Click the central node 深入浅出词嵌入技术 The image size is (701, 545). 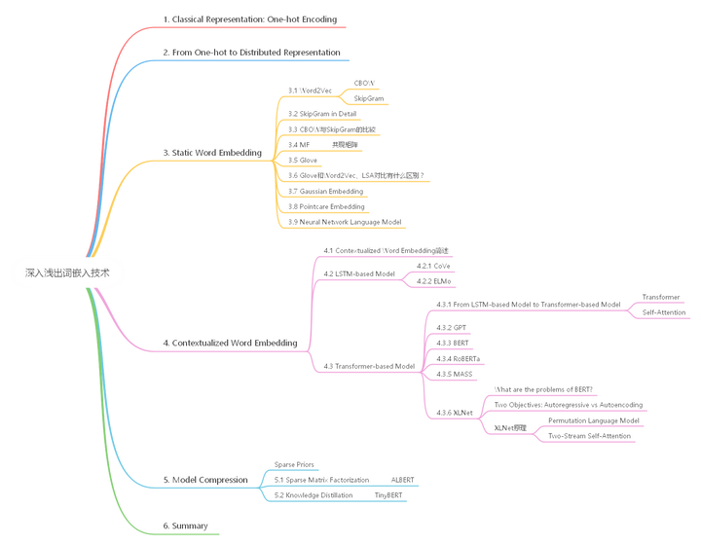(67, 273)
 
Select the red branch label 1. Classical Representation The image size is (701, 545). (250, 18)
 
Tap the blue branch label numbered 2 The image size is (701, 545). (251, 50)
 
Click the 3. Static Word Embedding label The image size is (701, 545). (211, 152)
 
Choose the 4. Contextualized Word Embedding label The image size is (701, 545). (229, 343)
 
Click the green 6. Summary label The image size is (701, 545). (185, 525)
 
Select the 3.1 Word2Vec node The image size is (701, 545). (309, 90)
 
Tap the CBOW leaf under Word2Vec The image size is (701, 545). (364, 83)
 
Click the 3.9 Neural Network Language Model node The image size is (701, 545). (345, 222)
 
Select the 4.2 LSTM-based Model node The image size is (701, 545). (358, 272)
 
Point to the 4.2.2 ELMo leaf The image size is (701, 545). (431, 280)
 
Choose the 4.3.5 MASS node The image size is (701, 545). (456, 372)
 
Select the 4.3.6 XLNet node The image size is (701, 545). (456, 412)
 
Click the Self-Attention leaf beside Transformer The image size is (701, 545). (662, 311)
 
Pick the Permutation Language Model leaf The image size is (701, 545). (593, 419)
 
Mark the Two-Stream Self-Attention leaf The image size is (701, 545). (589, 434)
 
